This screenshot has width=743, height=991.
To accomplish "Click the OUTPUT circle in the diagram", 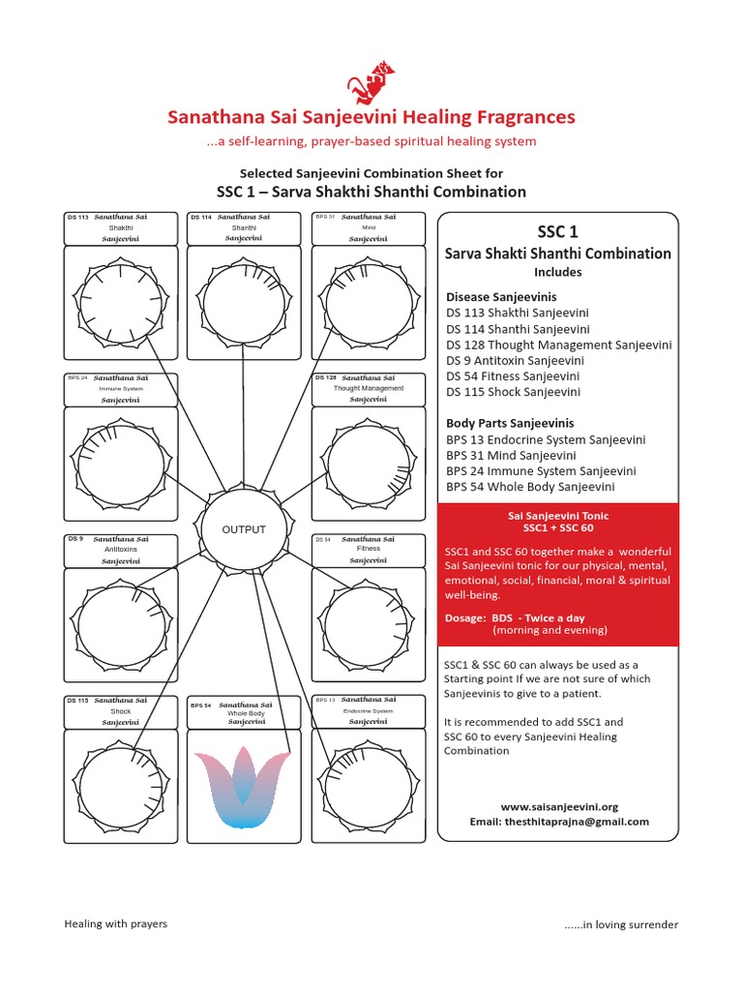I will click(244, 529).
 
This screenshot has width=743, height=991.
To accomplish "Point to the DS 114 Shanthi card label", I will click(244, 227).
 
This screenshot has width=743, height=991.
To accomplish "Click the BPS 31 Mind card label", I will click(368, 227).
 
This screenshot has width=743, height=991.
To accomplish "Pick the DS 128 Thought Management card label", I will click(368, 388).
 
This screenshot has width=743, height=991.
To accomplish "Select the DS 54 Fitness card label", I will click(368, 549).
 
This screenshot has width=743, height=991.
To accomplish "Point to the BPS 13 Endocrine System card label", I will click(368, 710).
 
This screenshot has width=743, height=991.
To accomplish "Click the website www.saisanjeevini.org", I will click(559, 806).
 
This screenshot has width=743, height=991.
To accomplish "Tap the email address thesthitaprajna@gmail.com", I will click(559, 822).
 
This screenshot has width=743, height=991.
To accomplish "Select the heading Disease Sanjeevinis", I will click(500, 297).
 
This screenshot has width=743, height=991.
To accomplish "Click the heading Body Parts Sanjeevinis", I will click(510, 423).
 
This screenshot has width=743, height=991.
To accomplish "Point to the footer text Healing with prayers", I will click(115, 923).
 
